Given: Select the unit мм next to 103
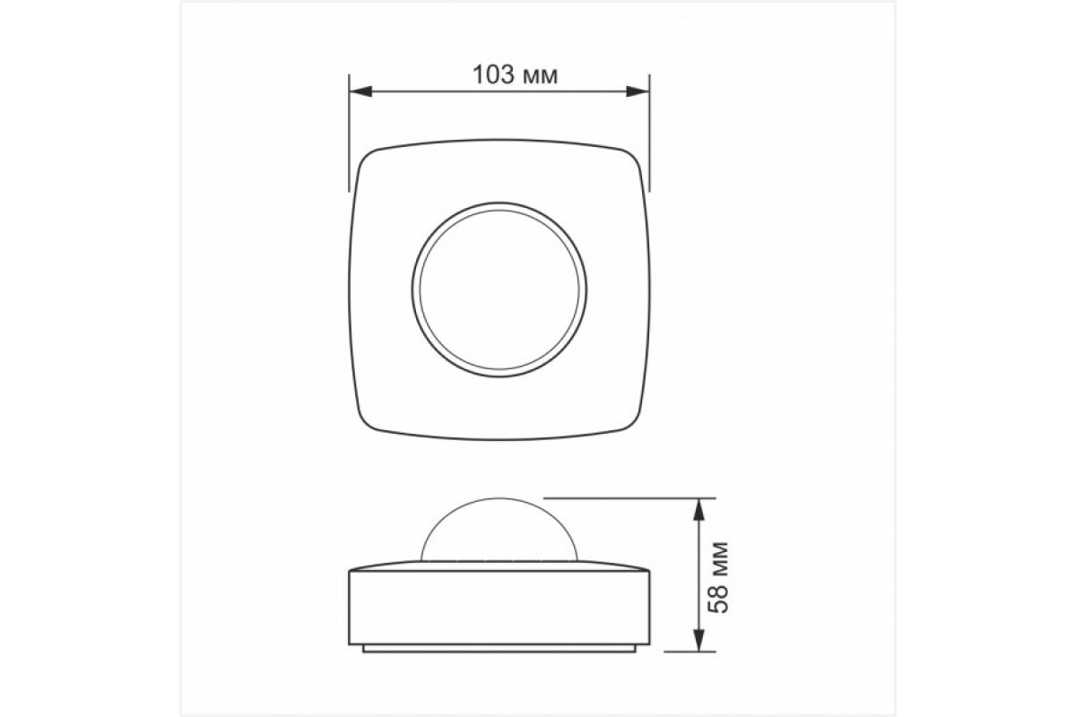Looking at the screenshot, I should point(539,77).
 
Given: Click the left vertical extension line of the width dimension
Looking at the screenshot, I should point(349,134).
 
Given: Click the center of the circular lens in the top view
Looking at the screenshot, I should point(499,289).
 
